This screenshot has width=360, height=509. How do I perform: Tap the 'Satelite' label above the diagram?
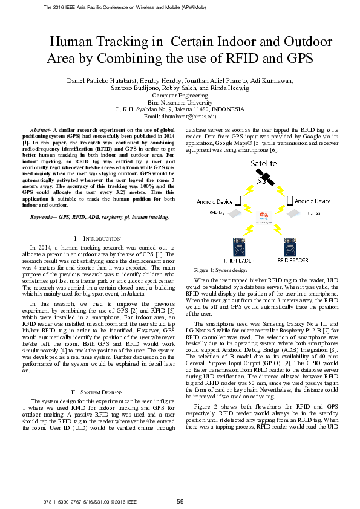[265, 163]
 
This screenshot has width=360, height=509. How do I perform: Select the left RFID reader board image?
[241, 247]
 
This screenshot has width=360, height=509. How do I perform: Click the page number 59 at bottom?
[180, 501]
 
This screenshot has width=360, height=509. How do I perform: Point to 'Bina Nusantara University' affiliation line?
[180, 102]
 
